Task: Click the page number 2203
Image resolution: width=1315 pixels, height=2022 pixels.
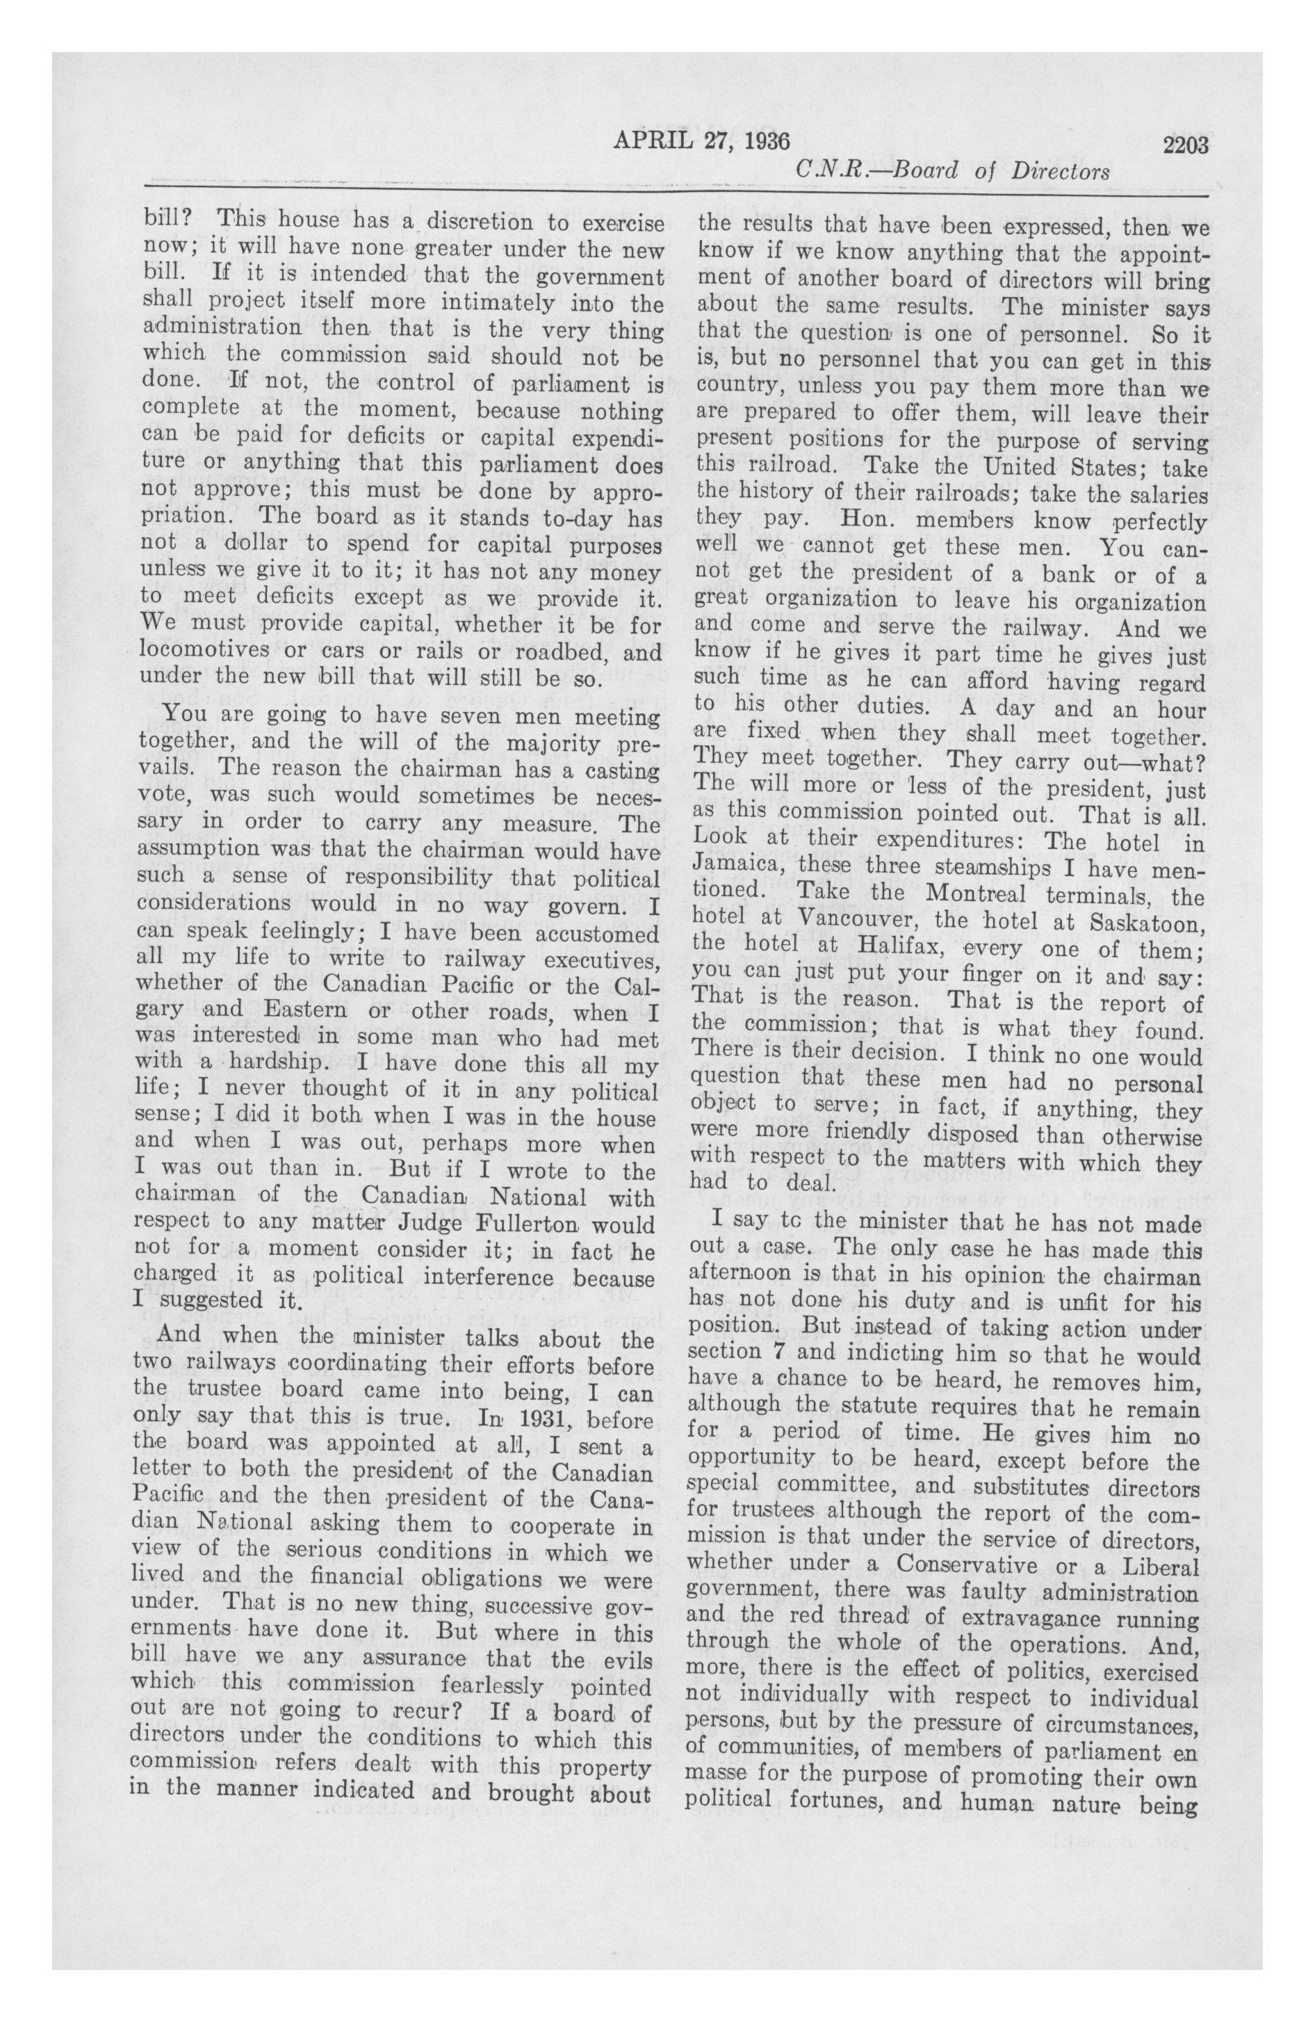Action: point(1185,145)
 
